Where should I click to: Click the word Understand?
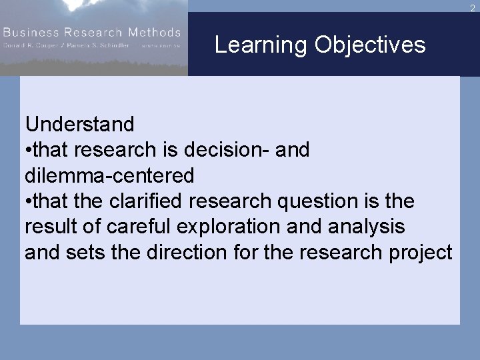coord(79,124)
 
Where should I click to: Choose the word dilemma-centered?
coord(109,175)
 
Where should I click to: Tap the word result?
coord(49,227)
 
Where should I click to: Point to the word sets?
coord(81,253)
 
